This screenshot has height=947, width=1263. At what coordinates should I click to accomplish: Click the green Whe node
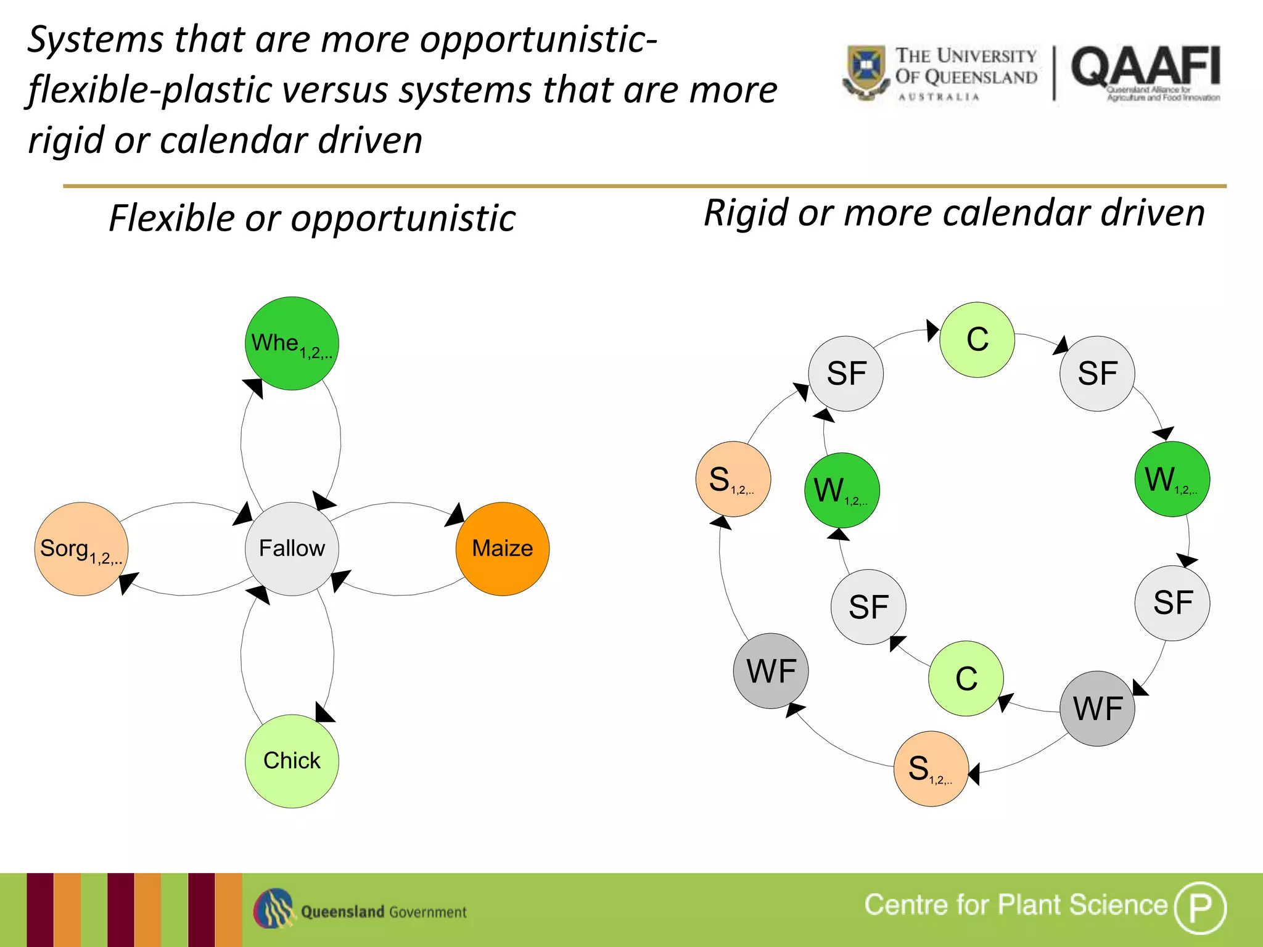[292, 343]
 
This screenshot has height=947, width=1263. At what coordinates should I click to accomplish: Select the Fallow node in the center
[292, 548]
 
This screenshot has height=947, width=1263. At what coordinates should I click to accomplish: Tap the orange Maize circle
[502, 548]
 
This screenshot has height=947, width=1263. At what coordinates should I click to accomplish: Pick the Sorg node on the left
[81, 548]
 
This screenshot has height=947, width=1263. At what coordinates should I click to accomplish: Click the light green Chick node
[292, 761]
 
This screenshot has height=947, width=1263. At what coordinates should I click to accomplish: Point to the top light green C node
[977, 339]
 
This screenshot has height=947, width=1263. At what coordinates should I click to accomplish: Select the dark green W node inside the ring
[842, 490]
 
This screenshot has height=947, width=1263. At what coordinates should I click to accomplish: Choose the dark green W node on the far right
[1172, 479]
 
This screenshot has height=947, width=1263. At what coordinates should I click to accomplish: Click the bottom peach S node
[931, 768]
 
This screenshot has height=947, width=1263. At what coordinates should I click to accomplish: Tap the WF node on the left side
[770, 671]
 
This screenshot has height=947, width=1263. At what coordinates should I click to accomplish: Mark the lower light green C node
[966, 678]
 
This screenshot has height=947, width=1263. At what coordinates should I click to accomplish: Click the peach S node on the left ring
[733, 479]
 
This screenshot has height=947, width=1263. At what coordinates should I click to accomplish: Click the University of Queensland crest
[865, 71]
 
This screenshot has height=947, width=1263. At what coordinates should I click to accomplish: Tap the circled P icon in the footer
[1199, 908]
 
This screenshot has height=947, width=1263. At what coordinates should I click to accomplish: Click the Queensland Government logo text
[383, 912]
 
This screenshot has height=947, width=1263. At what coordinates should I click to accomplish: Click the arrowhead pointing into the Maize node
[455, 515]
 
